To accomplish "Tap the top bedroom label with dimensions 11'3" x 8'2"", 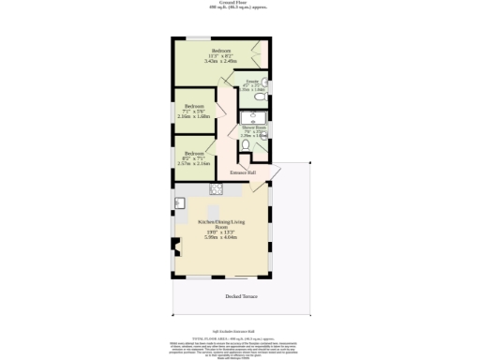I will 220,55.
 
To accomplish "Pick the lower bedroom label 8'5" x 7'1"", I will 194,157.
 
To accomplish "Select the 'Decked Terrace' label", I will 241,297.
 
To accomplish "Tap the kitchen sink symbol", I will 178,203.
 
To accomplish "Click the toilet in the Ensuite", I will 265,82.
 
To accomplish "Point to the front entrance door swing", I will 272,174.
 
